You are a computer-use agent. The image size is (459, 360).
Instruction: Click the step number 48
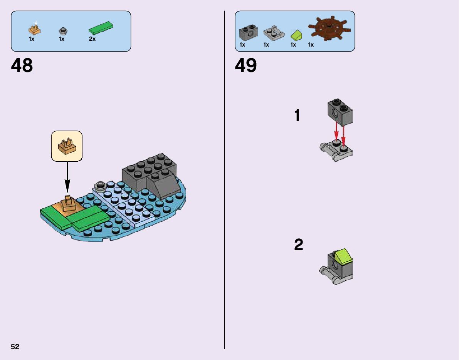[x=22, y=66]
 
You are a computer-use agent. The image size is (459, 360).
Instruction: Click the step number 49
[x=246, y=66]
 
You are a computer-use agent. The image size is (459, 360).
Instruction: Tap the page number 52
[x=15, y=347]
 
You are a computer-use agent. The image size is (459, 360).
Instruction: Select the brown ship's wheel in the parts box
[x=329, y=29]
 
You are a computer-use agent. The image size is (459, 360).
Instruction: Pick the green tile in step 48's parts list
[x=101, y=28]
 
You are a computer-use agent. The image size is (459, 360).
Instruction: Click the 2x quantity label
[x=92, y=39]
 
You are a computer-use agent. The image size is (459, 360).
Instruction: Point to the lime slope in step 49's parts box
[x=296, y=35]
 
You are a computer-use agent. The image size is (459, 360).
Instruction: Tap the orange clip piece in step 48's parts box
[x=35, y=29]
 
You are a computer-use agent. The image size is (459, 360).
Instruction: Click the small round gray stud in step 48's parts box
[x=63, y=30]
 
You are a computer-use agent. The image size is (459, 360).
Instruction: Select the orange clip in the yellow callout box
[x=67, y=146]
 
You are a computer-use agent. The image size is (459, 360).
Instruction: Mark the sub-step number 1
[x=297, y=116]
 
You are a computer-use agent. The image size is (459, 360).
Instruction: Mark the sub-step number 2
[x=299, y=245]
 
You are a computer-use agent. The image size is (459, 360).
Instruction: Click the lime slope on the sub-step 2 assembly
[x=343, y=256]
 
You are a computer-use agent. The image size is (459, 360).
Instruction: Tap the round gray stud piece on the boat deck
[x=101, y=187]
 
